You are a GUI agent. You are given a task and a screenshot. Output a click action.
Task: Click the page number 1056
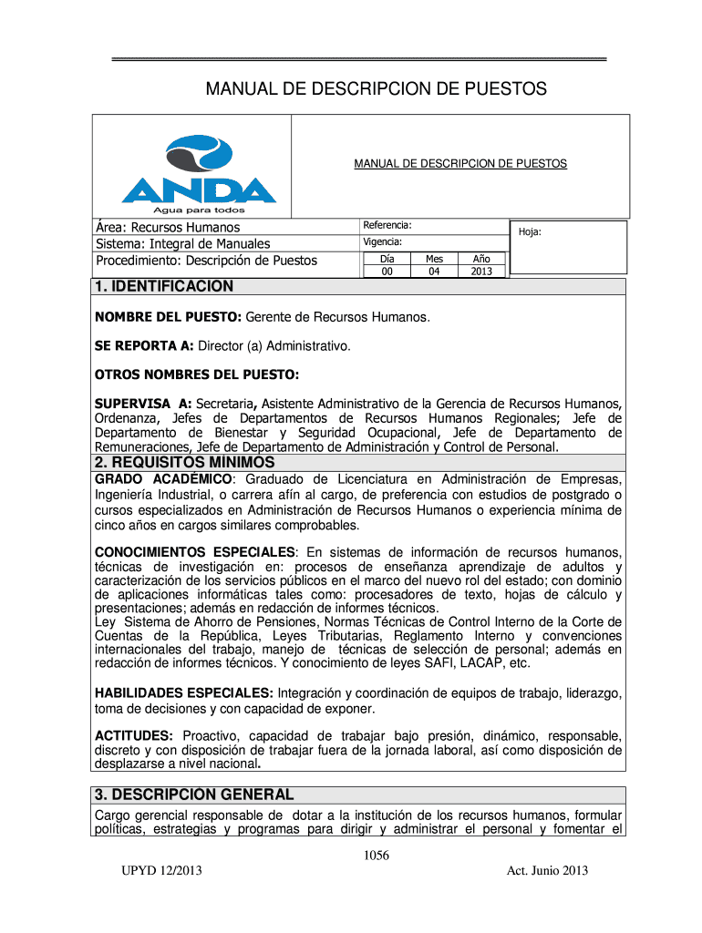[376, 855]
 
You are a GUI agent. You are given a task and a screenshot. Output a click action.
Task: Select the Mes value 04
[433, 272]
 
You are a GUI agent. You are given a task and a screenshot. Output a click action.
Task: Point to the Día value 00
[387, 272]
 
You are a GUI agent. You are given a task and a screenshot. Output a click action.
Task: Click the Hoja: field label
[530, 232]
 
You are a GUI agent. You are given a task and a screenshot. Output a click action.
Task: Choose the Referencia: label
[387, 225]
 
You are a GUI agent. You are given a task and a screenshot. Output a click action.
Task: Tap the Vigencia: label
[384, 242]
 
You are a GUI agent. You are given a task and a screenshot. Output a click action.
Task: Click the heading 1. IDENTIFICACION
[164, 287]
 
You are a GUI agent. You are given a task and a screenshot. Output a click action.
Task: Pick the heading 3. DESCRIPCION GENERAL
[194, 795]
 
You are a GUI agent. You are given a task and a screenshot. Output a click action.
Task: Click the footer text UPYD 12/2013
[160, 871]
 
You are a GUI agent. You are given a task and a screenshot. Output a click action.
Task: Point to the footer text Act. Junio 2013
[547, 871]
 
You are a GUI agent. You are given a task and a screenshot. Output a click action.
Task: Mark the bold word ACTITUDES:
[135, 735]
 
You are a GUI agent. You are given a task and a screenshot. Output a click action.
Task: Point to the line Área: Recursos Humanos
[169, 227]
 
